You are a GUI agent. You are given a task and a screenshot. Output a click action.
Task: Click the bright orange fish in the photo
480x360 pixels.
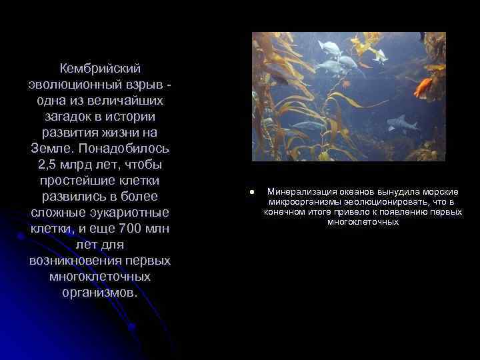[x=425, y=87]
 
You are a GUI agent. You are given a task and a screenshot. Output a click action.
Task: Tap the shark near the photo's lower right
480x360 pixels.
[x=401, y=123]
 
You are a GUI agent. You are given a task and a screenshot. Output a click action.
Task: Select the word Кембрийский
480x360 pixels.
[x=100, y=69]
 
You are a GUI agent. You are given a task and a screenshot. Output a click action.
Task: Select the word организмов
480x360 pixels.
[x=100, y=293]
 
